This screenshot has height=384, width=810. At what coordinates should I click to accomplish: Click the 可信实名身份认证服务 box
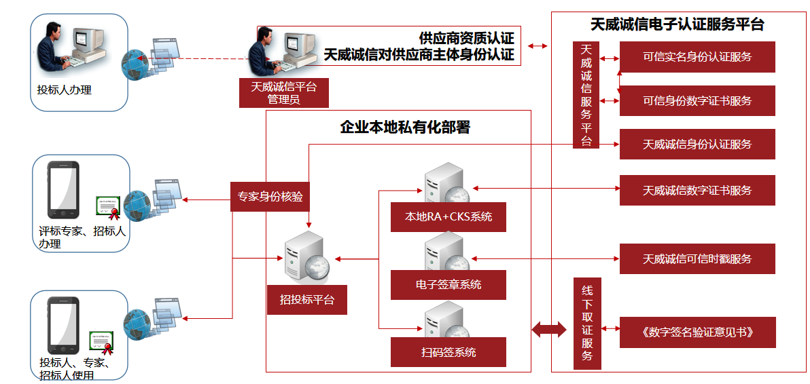(697, 57)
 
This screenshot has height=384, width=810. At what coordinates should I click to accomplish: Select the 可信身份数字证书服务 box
(697, 101)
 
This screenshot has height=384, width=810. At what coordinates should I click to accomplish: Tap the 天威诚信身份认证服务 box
(697, 145)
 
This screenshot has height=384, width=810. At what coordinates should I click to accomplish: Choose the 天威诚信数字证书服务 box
(697, 191)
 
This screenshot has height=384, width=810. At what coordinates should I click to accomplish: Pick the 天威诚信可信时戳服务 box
(697, 259)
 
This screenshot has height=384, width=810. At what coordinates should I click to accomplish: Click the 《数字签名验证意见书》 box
(697, 332)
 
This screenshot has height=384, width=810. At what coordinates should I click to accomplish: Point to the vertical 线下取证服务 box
(587, 324)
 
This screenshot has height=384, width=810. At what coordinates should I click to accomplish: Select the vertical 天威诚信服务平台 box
(586, 95)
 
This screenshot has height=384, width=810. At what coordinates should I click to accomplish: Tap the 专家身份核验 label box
(270, 197)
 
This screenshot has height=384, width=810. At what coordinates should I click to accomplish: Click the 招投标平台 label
(307, 299)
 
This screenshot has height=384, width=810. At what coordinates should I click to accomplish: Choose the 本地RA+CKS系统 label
(448, 217)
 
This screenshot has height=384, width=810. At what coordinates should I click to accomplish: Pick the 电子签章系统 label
(448, 285)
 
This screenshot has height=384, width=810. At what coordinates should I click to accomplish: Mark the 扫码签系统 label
(448, 352)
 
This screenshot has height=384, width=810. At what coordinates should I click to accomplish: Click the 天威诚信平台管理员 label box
(284, 93)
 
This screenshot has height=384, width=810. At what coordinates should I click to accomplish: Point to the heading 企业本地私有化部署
(405, 128)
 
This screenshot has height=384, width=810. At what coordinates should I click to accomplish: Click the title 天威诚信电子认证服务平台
(677, 25)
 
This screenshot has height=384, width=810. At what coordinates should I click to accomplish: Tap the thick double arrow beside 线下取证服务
(548, 330)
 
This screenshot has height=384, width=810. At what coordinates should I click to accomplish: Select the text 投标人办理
(65, 89)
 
